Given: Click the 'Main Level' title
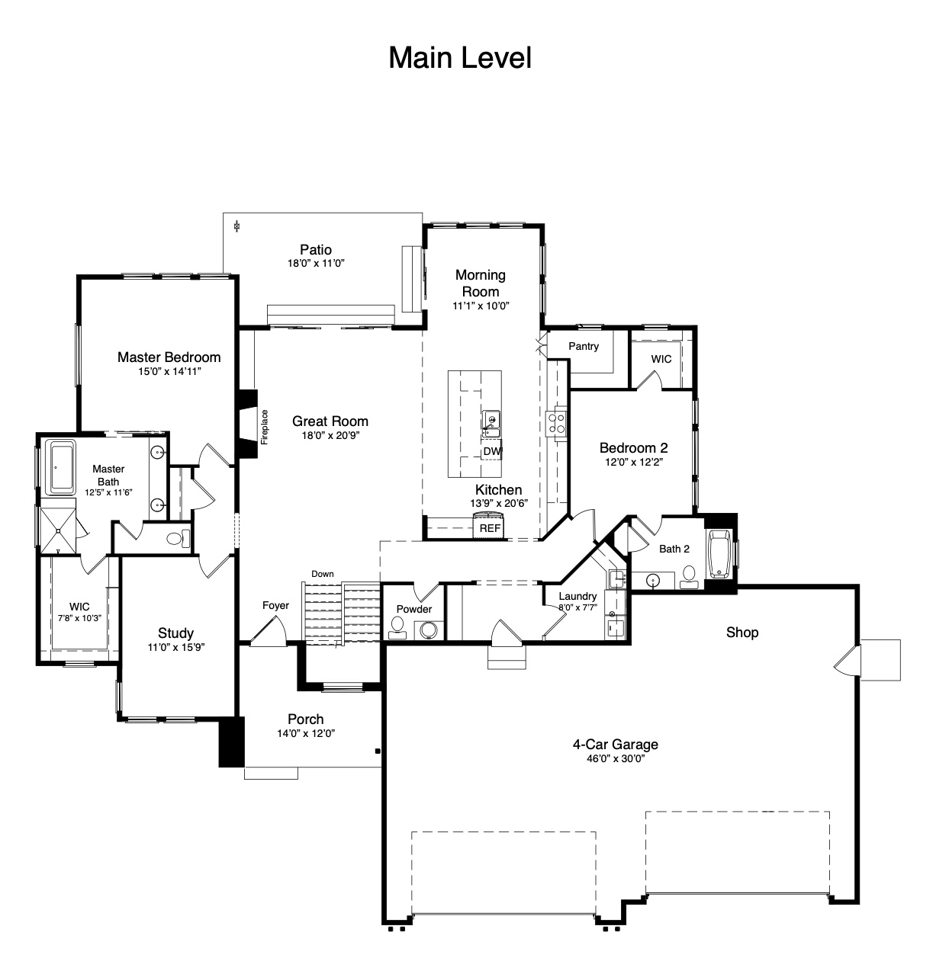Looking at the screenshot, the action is point(459,58).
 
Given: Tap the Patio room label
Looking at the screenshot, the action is point(316,249).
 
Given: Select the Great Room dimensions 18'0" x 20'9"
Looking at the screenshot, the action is point(330,435).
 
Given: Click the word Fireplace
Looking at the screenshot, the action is point(265,427).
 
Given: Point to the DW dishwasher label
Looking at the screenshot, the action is point(492,451).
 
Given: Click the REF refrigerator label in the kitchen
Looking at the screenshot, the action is point(490,528).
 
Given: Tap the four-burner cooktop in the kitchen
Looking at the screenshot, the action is point(556,422).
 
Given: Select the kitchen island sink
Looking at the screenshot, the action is point(491,424).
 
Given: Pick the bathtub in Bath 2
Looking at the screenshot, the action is point(719,553).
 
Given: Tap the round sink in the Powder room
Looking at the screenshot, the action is point(429,630).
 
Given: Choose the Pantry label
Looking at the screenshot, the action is point(584,346).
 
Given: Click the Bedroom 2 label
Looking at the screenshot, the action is point(633,447).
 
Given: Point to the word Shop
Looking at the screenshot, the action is point(742,632).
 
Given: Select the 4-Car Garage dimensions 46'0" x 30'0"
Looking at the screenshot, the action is point(616,758).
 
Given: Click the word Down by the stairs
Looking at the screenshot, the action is point(322,574).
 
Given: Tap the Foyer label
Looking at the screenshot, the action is point(275,606).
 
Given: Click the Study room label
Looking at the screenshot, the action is point(175,633).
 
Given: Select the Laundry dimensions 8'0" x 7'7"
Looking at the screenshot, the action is point(577,607).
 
